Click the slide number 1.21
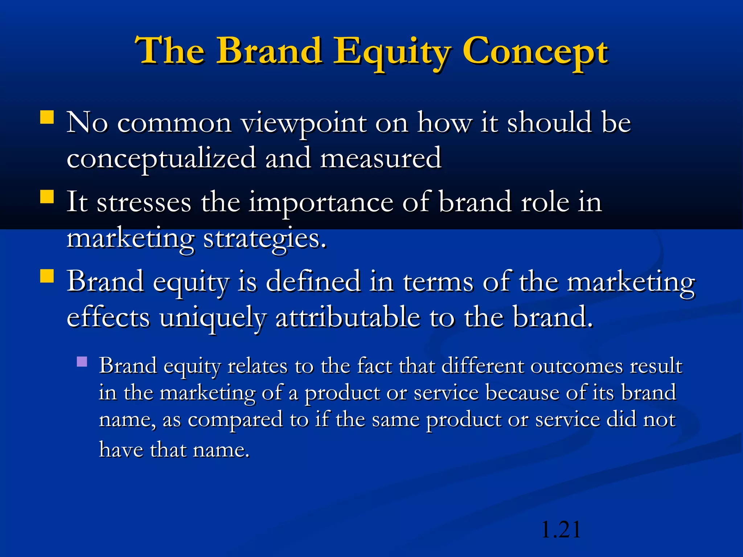tap(561, 530)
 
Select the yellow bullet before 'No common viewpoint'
tap(47, 117)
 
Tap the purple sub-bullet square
tap(82, 362)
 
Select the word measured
tap(381, 159)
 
